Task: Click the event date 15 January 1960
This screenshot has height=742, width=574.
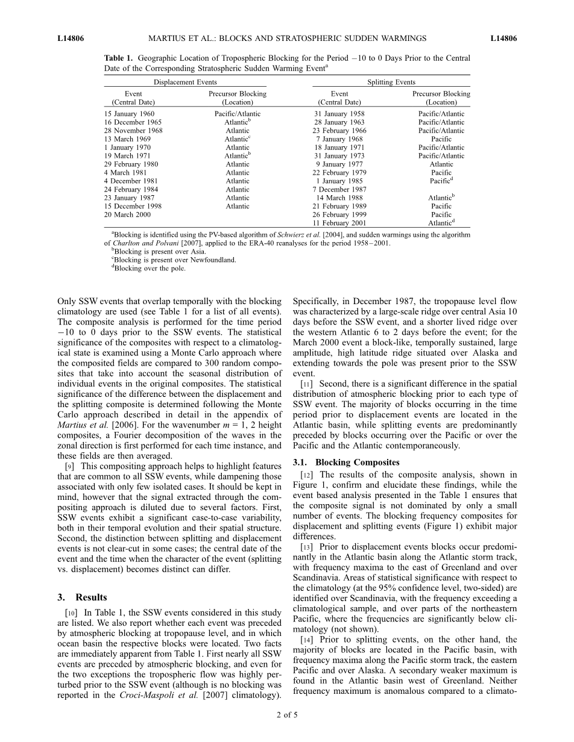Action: (129, 114)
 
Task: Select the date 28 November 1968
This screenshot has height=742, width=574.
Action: (133, 131)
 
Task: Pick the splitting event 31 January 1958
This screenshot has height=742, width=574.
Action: (339, 114)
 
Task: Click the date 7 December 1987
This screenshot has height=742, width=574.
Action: (339, 189)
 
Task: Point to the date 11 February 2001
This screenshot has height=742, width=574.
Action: (339, 223)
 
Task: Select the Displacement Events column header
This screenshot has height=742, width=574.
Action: (185, 82)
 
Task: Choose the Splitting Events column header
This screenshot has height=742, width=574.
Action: (391, 82)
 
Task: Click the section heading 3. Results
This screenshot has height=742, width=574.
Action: (82, 597)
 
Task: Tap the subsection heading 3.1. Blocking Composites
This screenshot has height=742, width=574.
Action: (345, 463)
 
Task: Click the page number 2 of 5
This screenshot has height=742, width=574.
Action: (286, 715)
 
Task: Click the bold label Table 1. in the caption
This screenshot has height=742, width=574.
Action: (119, 58)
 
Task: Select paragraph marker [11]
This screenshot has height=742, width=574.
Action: (306, 383)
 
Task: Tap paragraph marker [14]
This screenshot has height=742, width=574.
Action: (306, 640)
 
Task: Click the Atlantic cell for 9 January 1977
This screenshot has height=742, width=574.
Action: (441, 164)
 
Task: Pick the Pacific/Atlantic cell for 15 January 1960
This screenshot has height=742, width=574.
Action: (238, 114)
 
